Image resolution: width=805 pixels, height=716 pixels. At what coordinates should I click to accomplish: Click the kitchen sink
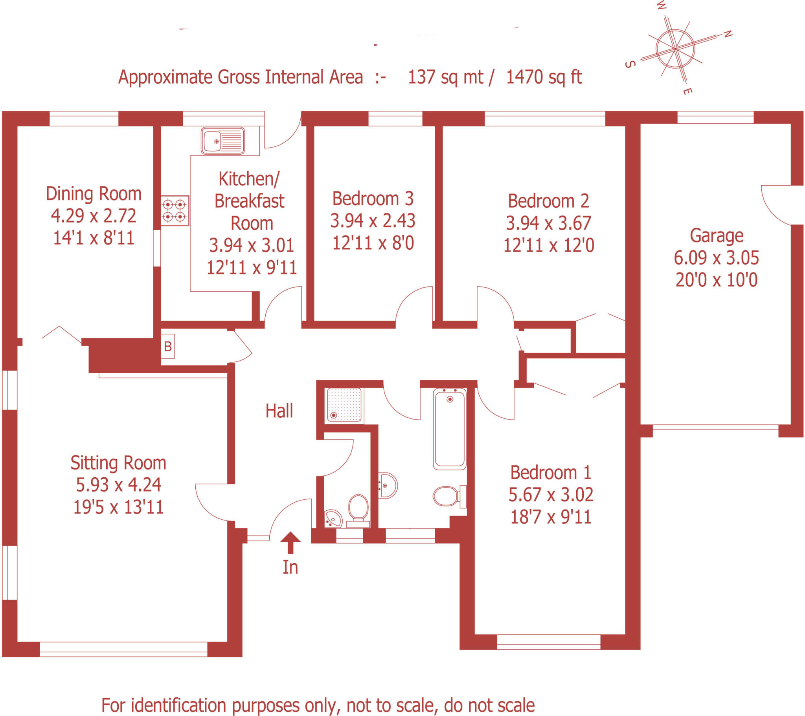(222, 141)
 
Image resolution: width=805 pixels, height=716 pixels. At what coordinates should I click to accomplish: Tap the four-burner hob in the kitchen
(175, 210)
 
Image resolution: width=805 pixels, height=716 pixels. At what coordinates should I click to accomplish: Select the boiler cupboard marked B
(168, 346)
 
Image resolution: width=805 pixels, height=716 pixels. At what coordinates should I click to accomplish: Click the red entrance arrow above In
(290, 542)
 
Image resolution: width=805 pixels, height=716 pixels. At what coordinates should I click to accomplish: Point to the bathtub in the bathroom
(449, 429)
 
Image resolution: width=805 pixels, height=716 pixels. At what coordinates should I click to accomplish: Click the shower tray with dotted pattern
(344, 405)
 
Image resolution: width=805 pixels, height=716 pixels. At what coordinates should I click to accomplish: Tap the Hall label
(279, 411)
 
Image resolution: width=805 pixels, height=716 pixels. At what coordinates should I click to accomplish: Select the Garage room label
(717, 236)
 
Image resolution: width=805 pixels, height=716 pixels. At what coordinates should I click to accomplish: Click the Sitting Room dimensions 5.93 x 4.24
(119, 485)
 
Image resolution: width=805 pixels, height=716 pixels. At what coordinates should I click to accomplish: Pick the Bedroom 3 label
(373, 199)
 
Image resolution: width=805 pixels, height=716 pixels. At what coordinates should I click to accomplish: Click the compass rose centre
(675, 49)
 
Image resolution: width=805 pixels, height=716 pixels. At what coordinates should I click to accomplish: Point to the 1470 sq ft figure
(544, 77)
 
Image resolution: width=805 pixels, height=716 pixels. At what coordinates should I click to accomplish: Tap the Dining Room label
(94, 194)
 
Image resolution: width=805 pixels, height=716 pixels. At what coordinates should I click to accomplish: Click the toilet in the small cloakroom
(358, 509)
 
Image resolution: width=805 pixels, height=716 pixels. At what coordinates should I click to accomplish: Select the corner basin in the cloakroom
(333, 518)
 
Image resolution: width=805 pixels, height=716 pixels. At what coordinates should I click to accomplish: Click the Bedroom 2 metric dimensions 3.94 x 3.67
(548, 223)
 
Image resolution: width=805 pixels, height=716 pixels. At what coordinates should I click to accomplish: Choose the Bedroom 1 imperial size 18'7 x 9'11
(551, 517)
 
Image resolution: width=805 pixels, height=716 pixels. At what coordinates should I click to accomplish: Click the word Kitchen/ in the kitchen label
(249, 179)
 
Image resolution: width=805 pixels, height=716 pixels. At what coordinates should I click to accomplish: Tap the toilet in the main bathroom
(448, 496)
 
